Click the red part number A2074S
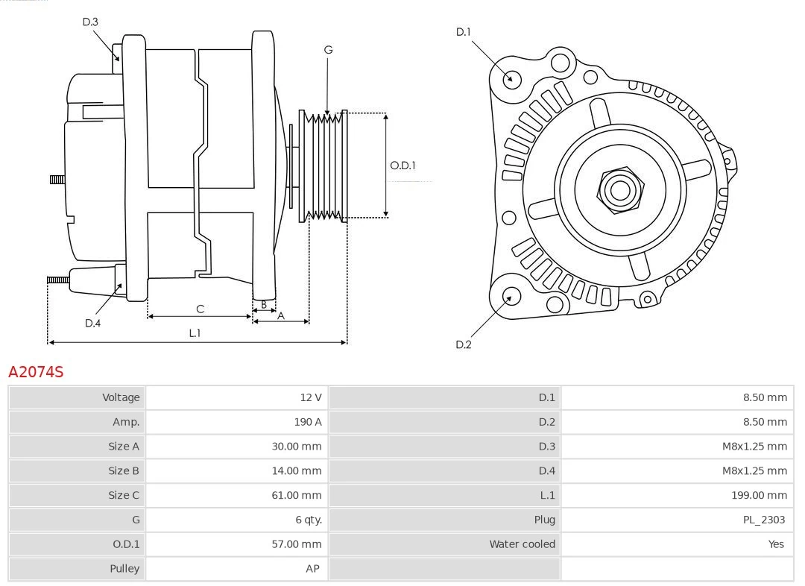[36, 371]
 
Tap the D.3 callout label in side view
[90, 22]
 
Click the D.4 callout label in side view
[92, 323]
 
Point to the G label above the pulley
[328, 50]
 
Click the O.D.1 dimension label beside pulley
[402, 166]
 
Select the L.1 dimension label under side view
[194, 333]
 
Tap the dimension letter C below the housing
[200, 309]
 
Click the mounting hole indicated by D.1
[512, 78]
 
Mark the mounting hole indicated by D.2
[510, 296]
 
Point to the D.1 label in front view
[464, 32]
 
